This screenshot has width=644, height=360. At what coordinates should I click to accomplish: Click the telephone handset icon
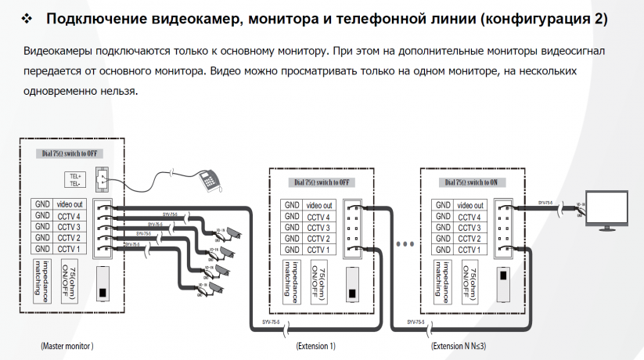(x=208, y=180)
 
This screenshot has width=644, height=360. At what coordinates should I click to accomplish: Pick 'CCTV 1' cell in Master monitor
(x=69, y=249)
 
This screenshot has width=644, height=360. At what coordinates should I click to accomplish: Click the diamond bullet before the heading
(x=27, y=18)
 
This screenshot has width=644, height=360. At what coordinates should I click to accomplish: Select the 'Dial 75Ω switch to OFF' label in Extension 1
(x=322, y=182)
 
